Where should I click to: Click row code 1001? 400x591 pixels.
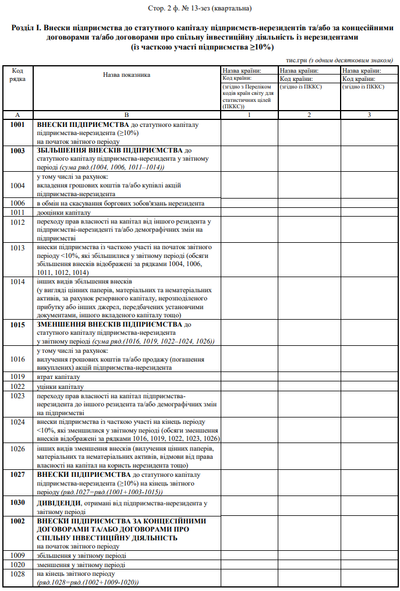pos(17,125)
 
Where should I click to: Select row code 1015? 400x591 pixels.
pos(17,324)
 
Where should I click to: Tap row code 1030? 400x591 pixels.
pos(17,502)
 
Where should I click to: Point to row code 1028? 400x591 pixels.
pos(17,574)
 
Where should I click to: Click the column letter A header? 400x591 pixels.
pos(17,115)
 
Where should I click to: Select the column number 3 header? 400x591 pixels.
pos(369,115)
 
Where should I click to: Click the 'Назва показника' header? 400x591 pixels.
pos(126,75)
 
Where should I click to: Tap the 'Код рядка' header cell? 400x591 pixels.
pos(17,75)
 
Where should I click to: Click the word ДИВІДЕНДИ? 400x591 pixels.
pos(59,502)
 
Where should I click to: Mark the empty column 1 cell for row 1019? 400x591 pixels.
pos(249,376)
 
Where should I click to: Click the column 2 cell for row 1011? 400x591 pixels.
pos(309,213)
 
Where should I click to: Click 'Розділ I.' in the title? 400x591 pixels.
pos(27,28)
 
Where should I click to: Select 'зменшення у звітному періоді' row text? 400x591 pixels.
pos(80,564)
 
